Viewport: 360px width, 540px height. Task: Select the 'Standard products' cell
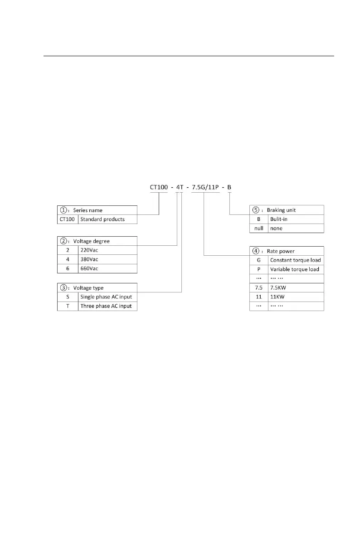pos(102,219)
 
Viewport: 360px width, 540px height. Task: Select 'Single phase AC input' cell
pos(106,297)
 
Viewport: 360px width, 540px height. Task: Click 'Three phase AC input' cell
pos(106,306)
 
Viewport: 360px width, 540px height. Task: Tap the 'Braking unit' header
pos(287,210)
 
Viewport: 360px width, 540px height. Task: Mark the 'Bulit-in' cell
pos(279,219)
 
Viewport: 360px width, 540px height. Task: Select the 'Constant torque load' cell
pos(295,260)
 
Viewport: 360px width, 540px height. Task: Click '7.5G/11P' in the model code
pos(205,187)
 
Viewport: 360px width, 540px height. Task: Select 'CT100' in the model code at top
pos(159,187)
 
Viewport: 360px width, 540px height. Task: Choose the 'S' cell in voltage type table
pos(68,297)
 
